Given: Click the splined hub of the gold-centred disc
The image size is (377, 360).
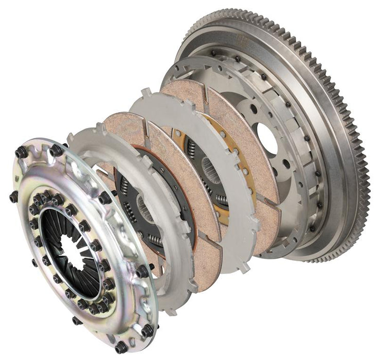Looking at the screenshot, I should [x=216, y=170].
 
